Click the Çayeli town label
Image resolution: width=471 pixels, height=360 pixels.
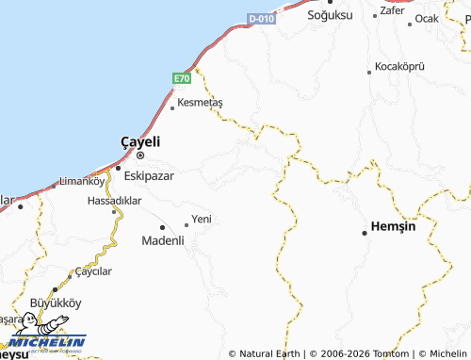140,141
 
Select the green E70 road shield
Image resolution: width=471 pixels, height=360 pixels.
182,79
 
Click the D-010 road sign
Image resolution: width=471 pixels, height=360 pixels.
261,19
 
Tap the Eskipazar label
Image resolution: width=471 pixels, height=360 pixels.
148,175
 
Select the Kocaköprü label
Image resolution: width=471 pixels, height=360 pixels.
400,67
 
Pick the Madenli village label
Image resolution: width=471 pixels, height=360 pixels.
162,240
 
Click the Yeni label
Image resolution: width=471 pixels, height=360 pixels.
202,219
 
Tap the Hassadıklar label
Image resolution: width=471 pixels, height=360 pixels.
114,201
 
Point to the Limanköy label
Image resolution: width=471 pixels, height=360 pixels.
80,180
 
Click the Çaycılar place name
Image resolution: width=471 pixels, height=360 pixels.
93,270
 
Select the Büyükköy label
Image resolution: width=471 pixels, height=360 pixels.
57,303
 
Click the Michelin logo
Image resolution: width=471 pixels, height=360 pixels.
46,343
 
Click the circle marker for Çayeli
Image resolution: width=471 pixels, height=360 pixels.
140,155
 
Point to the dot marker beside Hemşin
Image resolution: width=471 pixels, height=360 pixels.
365,232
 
